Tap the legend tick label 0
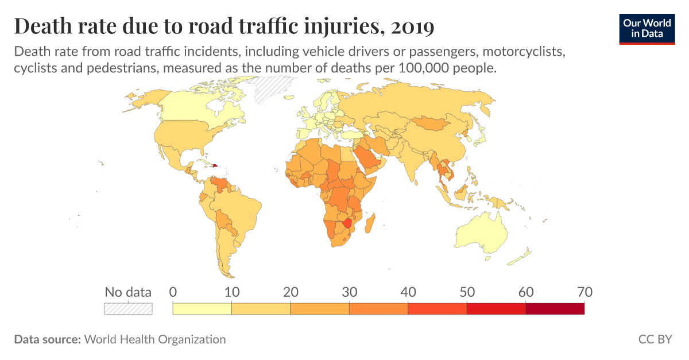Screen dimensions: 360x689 pyautogui.click(x=173, y=292)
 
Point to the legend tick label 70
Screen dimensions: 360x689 pyautogui.click(x=584, y=292)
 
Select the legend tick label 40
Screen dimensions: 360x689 pyautogui.click(x=408, y=292)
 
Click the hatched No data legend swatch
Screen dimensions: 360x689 pyautogui.click(x=128, y=308)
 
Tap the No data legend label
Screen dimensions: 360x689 pyautogui.click(x=128, y=292)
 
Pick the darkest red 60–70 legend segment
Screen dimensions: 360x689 pyautogui.click(x=555, y=308)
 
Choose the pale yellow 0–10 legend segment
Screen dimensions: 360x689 pyautogui.click(x=202, y=308)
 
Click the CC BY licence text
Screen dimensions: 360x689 pyautogui.click(x=655, y=339)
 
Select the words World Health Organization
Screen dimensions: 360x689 pyautogui.click(x=155, y=339)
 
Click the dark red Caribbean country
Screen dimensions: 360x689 pyautogui.click(x=215, y=165)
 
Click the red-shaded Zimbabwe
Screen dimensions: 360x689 pyautogui.click(x=347, y=223)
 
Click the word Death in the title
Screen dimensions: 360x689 pyautogui.click(x=40, y=26)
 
